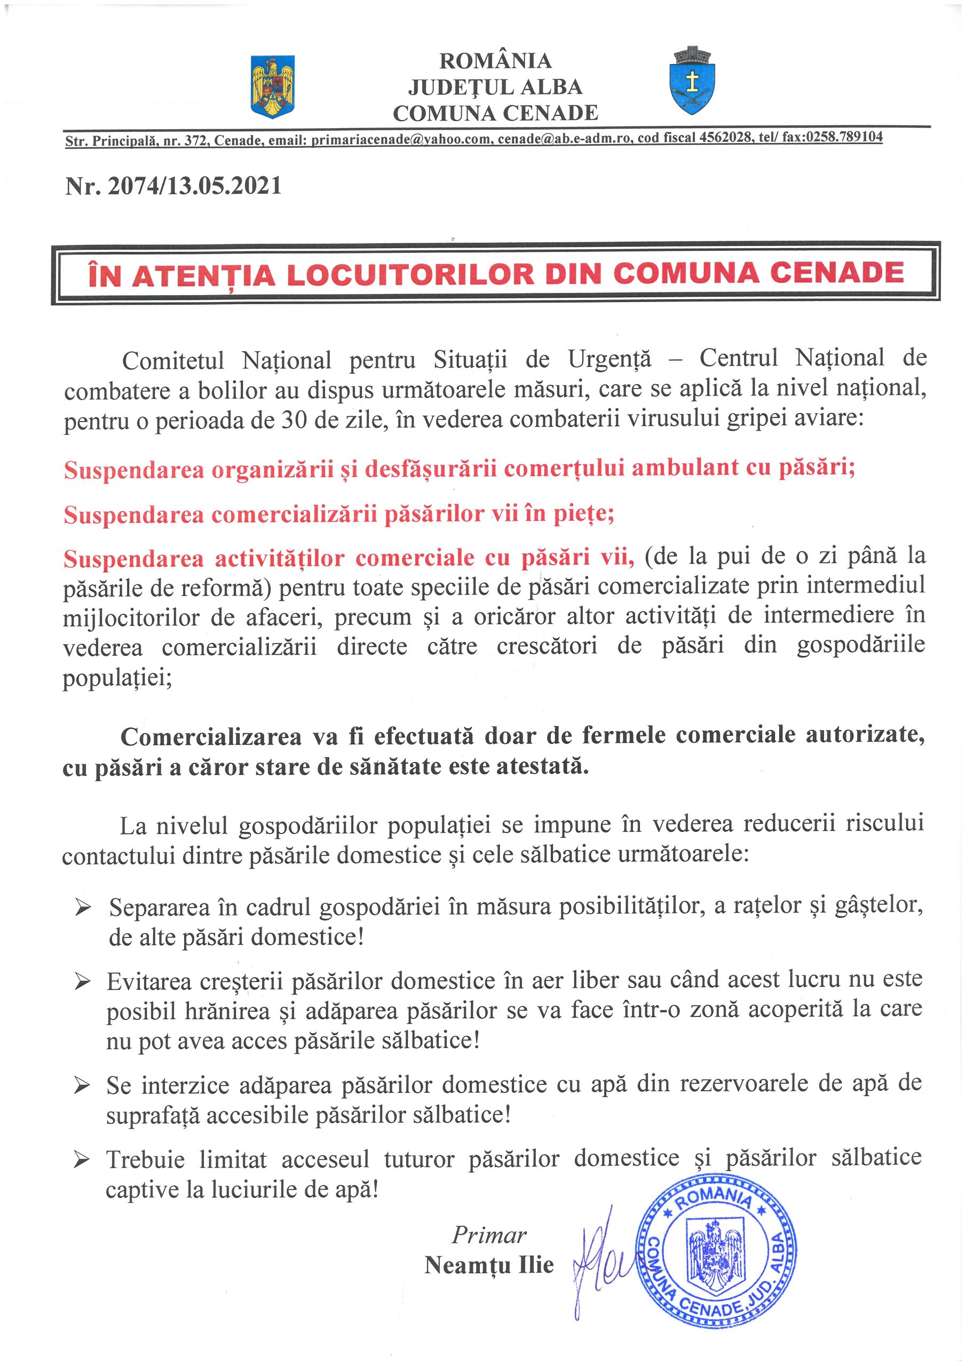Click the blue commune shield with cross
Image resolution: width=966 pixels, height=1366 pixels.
693,82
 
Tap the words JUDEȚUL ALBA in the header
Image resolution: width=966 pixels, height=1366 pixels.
495,87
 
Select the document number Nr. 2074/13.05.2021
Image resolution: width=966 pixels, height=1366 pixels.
173,186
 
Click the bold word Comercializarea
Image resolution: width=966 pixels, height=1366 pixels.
211,737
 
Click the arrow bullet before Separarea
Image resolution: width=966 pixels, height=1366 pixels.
83,908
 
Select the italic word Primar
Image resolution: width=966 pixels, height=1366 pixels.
489,1236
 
